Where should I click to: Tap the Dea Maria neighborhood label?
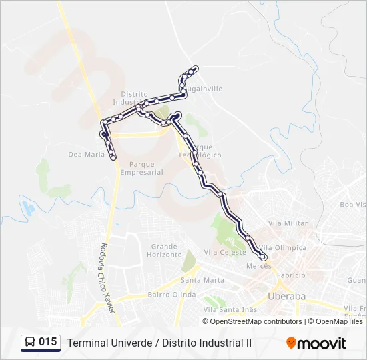point(87,154)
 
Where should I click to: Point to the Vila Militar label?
point(288,223)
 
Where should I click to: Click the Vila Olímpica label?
point(286,247)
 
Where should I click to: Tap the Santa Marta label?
point(202,280)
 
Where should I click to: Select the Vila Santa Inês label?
point(230,309)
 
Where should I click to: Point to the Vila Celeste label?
point(225,252)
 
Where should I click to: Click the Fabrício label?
point(291,275)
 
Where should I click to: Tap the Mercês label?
point(259,265)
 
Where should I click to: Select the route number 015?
point(48,342)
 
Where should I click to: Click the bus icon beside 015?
point(31,343)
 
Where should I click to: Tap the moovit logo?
point(316,343)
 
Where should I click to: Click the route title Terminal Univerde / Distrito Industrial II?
point(159,343)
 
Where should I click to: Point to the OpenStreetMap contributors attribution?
point(256,321)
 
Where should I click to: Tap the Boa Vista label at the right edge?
point(353,204)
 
